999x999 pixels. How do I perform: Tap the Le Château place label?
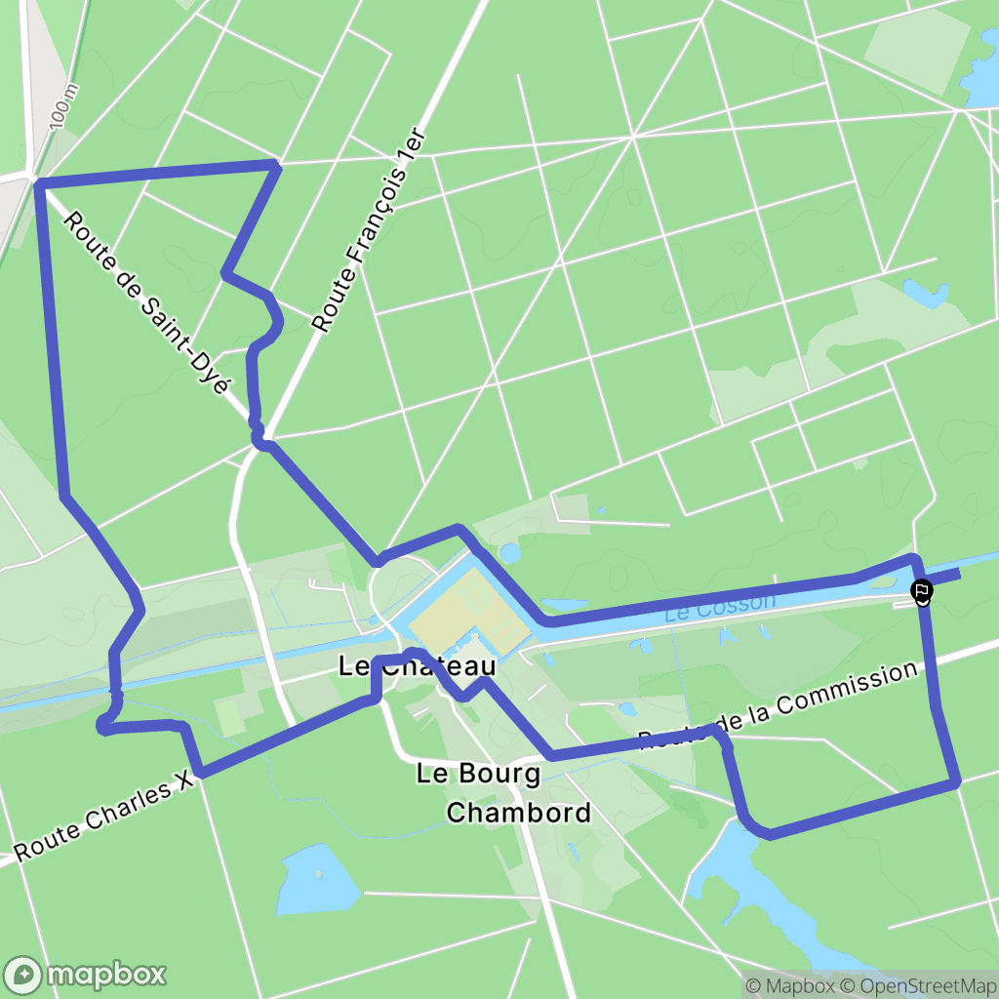pos(417,667)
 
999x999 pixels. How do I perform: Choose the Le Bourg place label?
pos(478,775)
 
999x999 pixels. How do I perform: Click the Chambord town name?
pos(518,812)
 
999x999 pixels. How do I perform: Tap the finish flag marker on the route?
pos(921,590)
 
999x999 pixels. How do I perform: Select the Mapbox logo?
pos(86,974)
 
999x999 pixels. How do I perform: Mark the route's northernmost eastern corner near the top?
pos(276,166)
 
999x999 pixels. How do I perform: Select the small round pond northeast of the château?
pos(509,553)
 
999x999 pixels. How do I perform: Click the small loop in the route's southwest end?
pos(104,724)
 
